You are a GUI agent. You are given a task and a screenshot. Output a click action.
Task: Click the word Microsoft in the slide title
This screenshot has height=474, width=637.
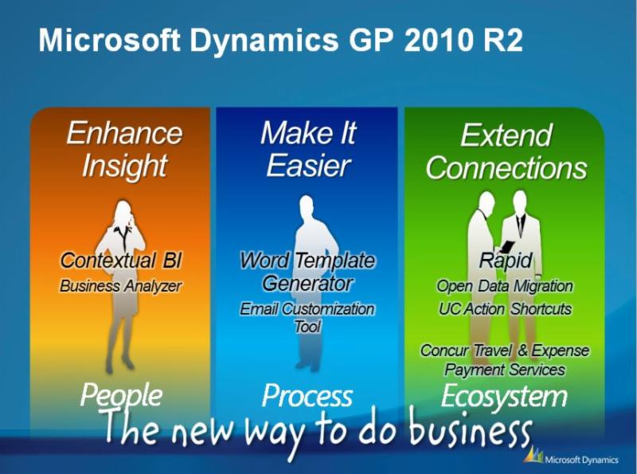(x=110, y=40)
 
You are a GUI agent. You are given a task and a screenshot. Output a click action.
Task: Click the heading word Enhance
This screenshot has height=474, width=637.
(x=124, y=133)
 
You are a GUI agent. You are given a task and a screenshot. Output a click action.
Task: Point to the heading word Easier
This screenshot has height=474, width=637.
(x=308, y=166)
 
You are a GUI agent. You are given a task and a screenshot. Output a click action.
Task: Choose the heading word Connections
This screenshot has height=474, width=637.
(x=506, y=167)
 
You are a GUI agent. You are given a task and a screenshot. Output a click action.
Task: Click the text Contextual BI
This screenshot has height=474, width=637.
(x=121, y=261)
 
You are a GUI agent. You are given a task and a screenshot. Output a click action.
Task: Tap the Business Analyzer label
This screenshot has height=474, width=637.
(x=120, y=286)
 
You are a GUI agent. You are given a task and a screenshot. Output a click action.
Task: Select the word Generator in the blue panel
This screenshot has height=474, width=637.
(x=307, y=284)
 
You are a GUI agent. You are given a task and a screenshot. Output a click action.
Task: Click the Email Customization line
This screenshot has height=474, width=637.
(x=307, y=309)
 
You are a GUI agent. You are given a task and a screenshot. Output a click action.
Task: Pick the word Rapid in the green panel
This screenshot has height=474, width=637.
(x=506, y=261)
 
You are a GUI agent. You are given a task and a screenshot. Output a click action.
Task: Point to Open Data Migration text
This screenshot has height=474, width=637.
(x=505, y=286)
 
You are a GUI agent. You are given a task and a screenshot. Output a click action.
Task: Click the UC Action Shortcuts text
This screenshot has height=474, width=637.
(x=505, y=309)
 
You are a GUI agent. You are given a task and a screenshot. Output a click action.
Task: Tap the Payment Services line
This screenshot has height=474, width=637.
(x=505, y=370)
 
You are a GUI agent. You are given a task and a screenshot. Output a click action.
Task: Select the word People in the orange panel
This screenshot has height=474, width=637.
(x=121, y=395)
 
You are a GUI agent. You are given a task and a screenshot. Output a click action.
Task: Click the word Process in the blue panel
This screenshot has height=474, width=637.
(x=307, y=396)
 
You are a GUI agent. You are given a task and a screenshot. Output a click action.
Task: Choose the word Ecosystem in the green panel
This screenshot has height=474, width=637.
(x=504, y=396)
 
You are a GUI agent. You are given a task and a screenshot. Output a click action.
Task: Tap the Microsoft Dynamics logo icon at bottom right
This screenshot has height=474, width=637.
(x=533, y=455)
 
